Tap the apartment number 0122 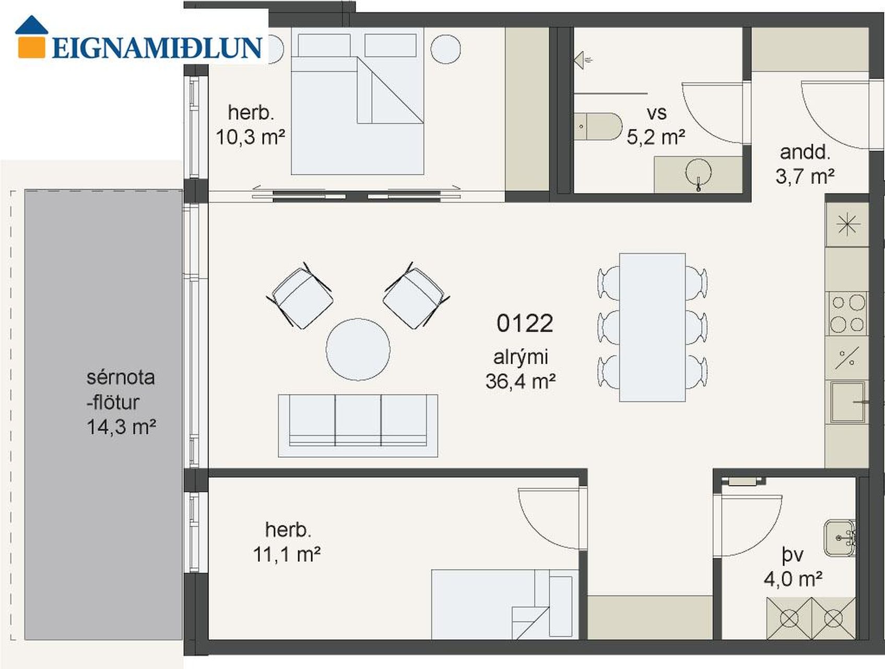pos(524,324)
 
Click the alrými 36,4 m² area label pos(521,370)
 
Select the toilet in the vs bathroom pos(598,126)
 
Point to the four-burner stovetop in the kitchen pos(847,314)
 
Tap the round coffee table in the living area pos(358,349)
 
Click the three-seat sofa pos(358,425)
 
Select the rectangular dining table pos(652,328)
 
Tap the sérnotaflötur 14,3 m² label pos(121,402)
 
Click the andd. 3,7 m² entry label pos(805,165)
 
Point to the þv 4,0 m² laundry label pos(793,567)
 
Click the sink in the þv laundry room pos(840,537)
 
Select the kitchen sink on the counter pos(848,402)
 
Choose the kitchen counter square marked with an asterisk pos(847,225)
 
